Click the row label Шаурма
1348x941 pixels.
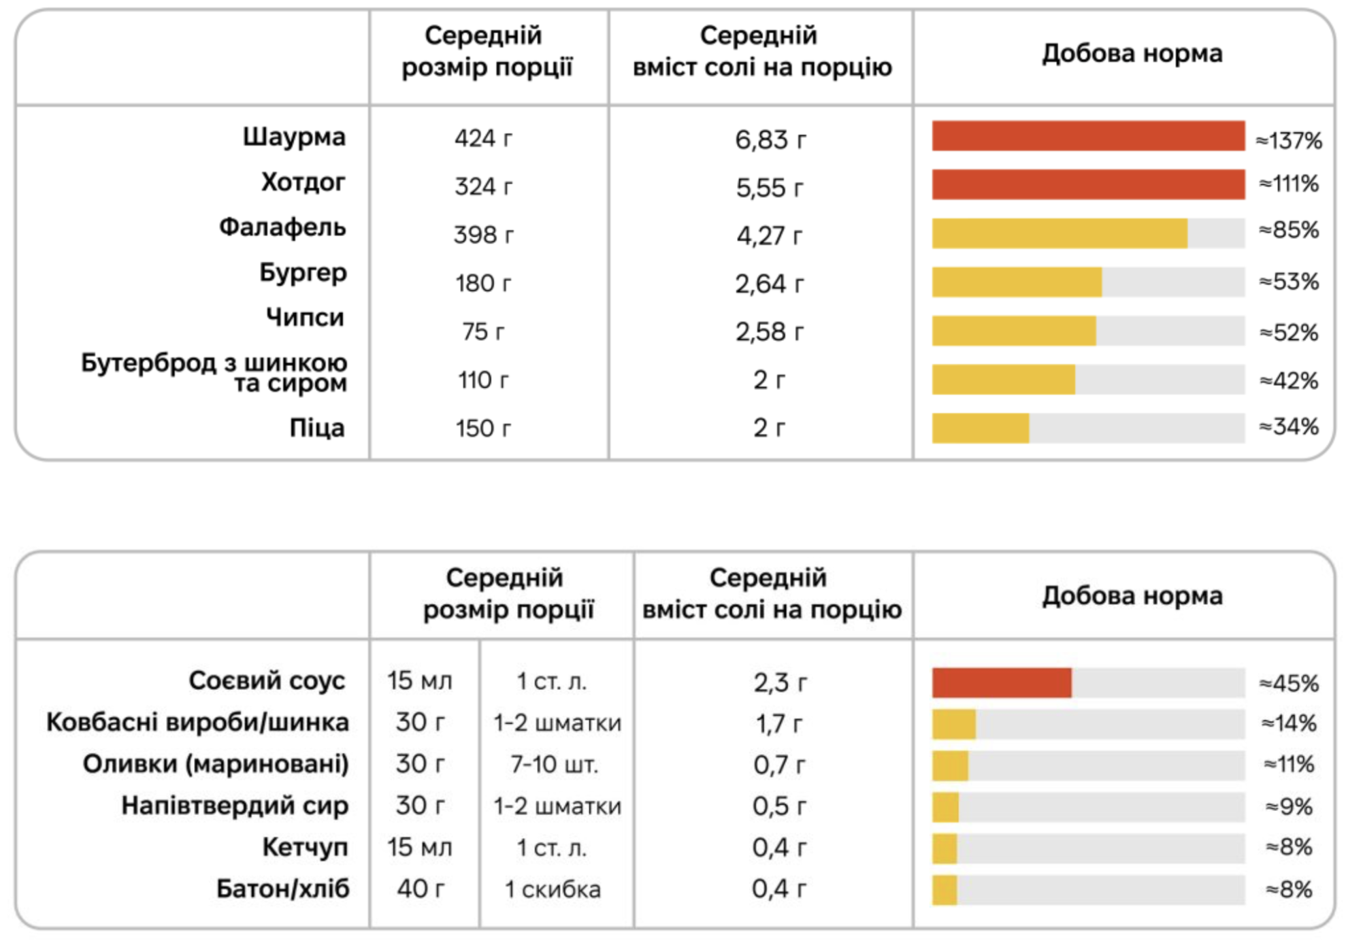pos(294,137)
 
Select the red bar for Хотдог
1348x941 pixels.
pos(1087,184)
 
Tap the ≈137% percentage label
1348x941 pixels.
pos(1288,140)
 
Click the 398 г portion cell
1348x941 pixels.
pos(483,235)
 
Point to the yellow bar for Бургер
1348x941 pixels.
pos(1016,282)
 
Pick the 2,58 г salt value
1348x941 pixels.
pos(769,331)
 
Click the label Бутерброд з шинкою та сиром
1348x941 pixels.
pos(214,372)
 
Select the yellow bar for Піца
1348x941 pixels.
pos(980,428)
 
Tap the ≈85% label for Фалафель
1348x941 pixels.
pos(1288,230)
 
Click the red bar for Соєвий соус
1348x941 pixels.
pos(1001,682)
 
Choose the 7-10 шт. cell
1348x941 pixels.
pos(555,764)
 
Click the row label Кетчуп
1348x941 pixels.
pos(305,847)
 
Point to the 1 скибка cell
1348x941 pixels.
pos(553,889)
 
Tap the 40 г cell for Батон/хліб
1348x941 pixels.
pos(421,889)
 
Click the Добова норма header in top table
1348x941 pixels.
pos(1132,53)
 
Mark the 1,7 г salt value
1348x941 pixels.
pos(778,724)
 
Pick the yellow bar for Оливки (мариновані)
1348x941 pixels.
pos(950,765)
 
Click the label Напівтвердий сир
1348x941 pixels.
pos(235,806)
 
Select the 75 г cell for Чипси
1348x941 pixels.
pos(483,331)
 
